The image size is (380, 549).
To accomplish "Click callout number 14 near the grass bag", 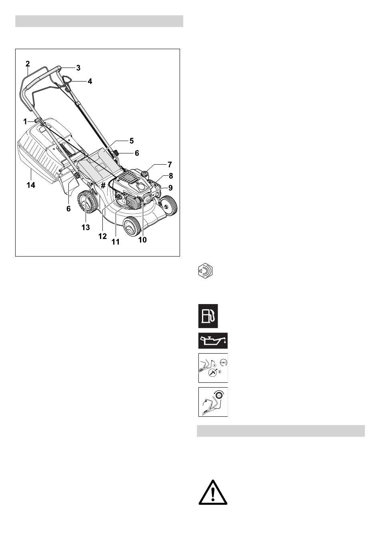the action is (31, 185).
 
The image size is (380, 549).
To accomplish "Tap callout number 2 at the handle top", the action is (28, 64).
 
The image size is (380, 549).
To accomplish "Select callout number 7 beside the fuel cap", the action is (170, 165).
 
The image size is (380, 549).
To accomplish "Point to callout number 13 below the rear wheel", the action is (86, 227).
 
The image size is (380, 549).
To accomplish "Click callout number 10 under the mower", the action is (142, 240).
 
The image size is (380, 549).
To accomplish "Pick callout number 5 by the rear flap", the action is (132, 141).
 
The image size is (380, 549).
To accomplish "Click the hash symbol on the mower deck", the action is (103, 185).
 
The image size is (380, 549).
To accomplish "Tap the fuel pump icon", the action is (208, 316).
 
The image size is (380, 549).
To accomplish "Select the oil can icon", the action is (213, 341).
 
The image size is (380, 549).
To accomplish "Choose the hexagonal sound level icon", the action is (205, 271).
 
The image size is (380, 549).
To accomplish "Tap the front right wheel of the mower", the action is (168, 205).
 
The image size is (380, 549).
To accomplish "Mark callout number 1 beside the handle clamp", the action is (25, 121).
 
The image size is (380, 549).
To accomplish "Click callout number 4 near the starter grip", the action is (90, 81).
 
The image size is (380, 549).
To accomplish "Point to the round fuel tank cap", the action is (145, 174).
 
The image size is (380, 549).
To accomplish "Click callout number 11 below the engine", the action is (116, 242).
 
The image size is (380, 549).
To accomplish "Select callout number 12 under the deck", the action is (102, 236).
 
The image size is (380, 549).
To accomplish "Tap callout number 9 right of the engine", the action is (170, 188).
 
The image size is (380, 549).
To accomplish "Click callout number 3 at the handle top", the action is (78, 68).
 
